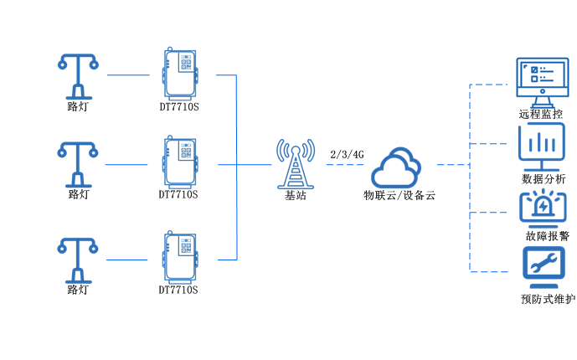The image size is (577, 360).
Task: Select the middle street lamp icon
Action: point(77,163)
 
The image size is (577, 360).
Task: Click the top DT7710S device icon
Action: point(181,73)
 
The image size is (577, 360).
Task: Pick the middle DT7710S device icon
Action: point(181,162)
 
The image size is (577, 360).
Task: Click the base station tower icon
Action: point(295,163)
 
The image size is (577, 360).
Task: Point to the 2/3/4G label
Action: point(347,155)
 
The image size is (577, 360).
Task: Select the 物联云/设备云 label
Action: point(399,195)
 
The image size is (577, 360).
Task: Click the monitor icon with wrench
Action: point(542,267)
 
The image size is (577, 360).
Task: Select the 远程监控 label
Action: point(541,114)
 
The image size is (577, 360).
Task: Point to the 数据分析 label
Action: point(543,178)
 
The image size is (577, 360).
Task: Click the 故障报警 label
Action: point(543,235)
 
